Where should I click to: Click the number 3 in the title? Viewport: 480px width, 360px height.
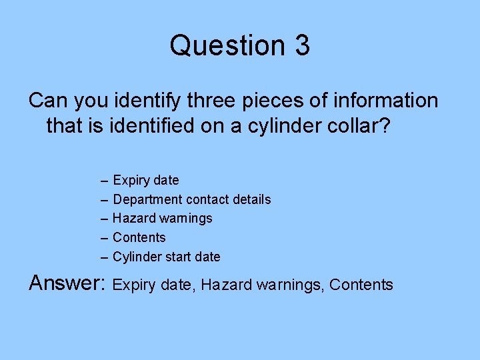tap(300, 45)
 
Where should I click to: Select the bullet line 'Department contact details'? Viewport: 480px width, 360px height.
tap(192, 199)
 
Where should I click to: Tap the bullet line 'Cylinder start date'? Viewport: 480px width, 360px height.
tap(166, 257)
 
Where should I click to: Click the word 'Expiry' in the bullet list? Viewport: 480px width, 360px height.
tap(131, 180)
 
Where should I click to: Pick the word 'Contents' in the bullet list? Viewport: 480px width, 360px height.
tap(139, 237)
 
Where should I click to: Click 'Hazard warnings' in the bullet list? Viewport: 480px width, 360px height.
tap(162, 218)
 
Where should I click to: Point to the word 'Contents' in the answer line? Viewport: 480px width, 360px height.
tap(361, 285)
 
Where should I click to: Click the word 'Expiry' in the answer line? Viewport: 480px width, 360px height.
tap(134, 285)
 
